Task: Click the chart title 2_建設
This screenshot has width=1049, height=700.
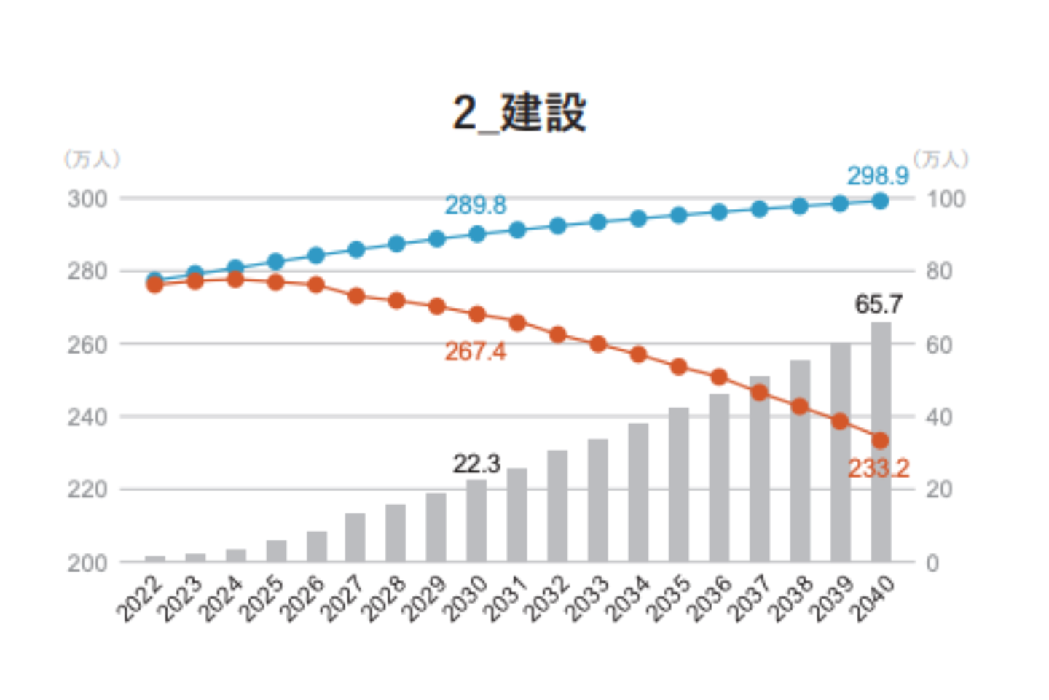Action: [519, 113]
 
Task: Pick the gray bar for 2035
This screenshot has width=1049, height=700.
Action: [678, 484]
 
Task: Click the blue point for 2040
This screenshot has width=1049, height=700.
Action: [880, 201]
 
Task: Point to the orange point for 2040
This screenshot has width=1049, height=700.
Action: [880, 440]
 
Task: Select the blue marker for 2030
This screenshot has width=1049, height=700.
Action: [477, 234]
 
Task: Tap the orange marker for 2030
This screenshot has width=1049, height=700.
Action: [477, 314]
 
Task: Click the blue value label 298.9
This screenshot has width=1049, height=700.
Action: [877, 176]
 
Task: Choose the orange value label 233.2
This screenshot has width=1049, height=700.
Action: [879, 468]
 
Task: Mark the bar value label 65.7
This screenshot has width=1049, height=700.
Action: [879, 304]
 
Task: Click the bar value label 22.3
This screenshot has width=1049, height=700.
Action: [476, 464]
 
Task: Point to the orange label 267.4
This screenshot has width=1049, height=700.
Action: [475, 351]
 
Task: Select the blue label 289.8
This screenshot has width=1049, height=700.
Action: [475, 206]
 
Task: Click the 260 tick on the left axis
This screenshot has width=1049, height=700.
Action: [87, 344]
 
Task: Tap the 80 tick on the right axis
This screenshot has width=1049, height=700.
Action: [939, 271]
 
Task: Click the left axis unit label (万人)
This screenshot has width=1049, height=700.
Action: [92, 159]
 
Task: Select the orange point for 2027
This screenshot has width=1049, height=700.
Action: [356, 296]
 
